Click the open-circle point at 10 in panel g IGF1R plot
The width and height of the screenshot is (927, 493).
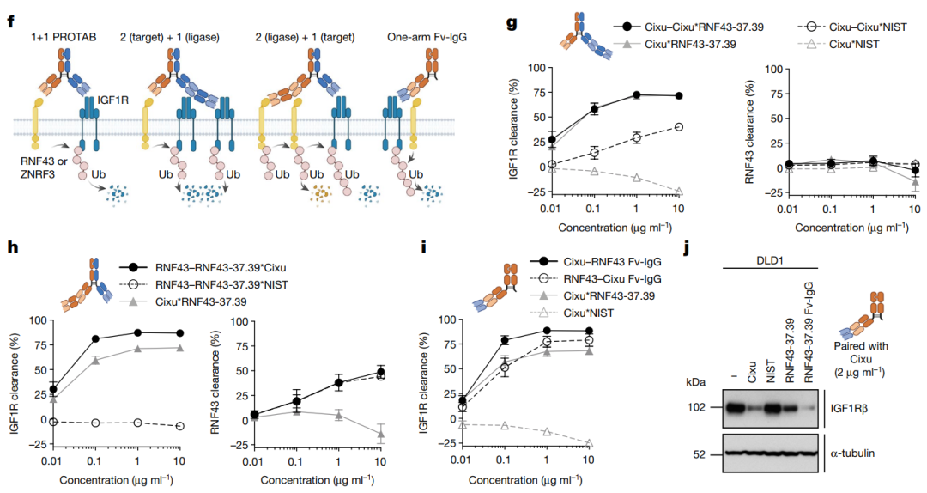[x=679, y=126]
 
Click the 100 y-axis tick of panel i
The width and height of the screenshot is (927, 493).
[x=448, y=320]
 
